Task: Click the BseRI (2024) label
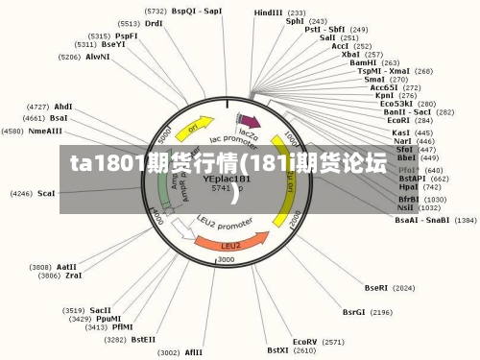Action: pyautogui.click(x=389, y=287)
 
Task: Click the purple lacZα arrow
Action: pyautogui.click(x=252, y=122)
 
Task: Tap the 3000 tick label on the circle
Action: pyautogui.click(x=227, y=260)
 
